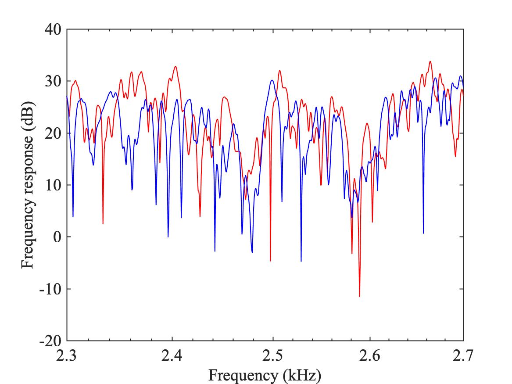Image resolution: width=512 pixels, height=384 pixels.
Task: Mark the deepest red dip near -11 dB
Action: click(359, 297)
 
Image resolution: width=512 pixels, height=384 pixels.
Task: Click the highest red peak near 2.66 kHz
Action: click(430, 61)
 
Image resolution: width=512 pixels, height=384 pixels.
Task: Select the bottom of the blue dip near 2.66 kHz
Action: click(423, 233)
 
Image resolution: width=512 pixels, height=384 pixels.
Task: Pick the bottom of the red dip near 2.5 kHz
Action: click(270, 261)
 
